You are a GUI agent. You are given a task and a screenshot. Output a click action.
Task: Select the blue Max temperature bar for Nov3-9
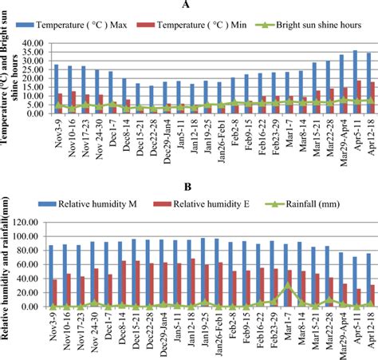[56, 89]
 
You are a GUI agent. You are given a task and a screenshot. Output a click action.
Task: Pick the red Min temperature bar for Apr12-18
[372, 97]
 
